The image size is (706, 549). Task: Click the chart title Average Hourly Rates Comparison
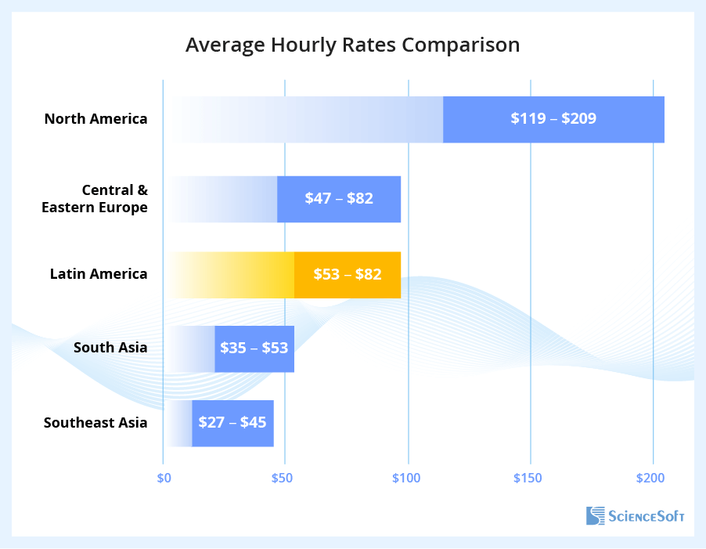click(352, 45)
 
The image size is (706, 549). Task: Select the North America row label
click(95, 119)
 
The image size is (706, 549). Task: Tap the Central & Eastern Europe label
click(95, 199)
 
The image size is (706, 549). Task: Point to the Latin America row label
click(99, 274)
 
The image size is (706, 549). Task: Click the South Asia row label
click(110, 347)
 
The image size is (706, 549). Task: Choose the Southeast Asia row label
click(95, 423)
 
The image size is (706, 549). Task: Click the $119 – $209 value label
click(553, 119)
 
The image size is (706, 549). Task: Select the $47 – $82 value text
click(339, 198)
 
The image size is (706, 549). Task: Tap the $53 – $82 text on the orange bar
click(348, 274)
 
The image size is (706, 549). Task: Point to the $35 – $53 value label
click(254, 348)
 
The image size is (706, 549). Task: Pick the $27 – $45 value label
click(232, 423)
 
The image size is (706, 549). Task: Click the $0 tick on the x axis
click(164, 478)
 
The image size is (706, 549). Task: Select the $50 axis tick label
click(284, 478)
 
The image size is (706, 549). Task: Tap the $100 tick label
click(406, 478)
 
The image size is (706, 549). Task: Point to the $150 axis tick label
click(530, 478)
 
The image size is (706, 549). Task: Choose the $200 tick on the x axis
click(650, 478)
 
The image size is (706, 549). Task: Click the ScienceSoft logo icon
click(596, 515)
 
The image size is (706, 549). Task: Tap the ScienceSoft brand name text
click(647, 516)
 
